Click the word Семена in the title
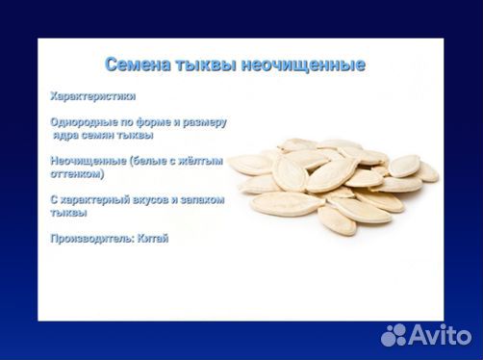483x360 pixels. (138, 65)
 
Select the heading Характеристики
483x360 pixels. (92, 96)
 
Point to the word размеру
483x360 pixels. (202, 122)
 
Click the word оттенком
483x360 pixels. (77, 174)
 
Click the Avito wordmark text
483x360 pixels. (445, 335)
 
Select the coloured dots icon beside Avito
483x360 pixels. (395, 334)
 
